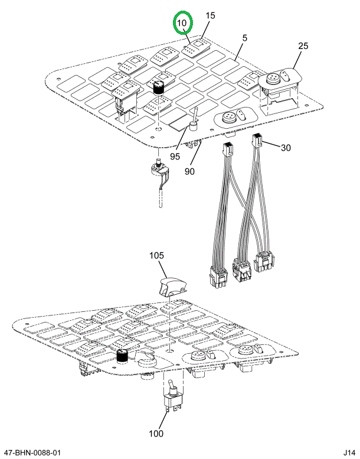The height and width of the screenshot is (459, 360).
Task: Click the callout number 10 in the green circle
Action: [x=183, y=23]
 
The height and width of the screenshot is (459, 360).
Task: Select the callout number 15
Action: [x=211, y=16]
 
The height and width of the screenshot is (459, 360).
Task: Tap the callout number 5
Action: [x=244, y=38]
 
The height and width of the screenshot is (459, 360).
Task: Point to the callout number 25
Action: [x=303, y=46]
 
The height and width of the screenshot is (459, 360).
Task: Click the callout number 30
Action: [x=286, y=147]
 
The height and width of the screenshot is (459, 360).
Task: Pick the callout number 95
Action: [x=175, y=157]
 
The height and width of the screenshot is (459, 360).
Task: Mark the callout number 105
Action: [x=156, y=256]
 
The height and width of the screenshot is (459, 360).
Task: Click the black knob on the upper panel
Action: [x=158, y=87]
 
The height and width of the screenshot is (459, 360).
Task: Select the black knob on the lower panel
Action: [x=122, y=356]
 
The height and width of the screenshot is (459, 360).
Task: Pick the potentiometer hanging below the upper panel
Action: [x=160, y=172]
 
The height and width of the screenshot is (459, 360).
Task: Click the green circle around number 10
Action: [x=183, y=23]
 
